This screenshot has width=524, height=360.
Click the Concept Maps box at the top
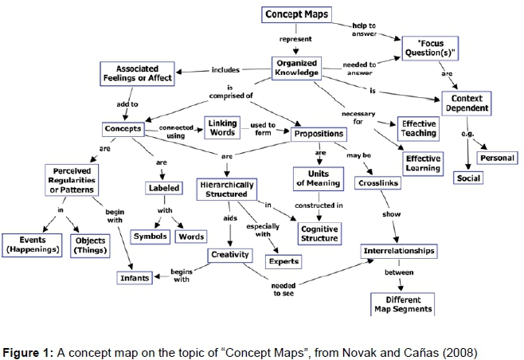[x=295, y=14]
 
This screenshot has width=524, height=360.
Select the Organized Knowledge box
[x=296, y=68]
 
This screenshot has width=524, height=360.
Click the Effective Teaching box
[x=419, y=127]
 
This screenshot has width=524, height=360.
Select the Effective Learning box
[x=423, y=162]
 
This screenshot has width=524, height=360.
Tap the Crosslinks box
[x=377, y=183]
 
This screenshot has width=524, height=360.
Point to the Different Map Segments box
[x=402, y=303]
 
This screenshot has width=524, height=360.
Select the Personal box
[x=498, y=157]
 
